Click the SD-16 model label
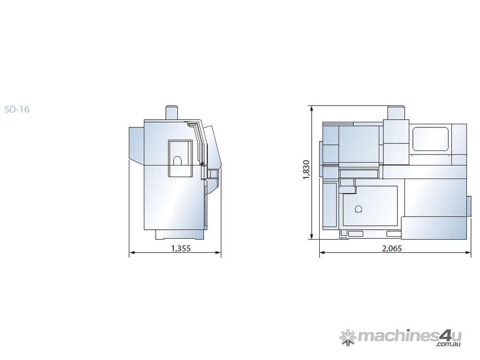click(x=17, y=109)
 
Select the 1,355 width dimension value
click(x=181, y=248)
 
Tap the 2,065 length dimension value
click(x=392, y=248)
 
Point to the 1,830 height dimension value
click(x=307, y=170)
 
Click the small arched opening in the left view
click(x=177, y=161)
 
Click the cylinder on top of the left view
click(x=172, y=112)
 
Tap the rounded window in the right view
click(x=431, y=139)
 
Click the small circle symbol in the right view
click(x=358, y=210)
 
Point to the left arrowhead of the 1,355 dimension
click(x=132, y=253)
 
